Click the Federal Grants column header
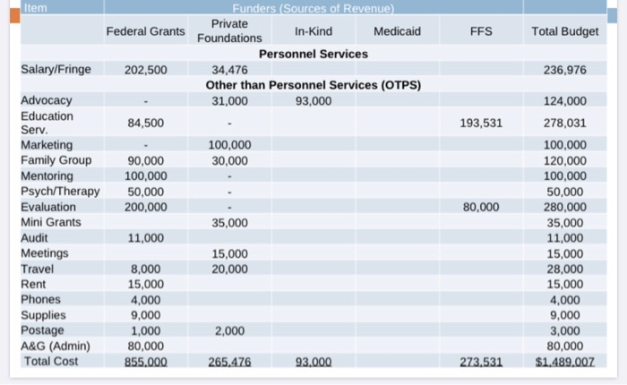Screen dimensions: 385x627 [145, 31]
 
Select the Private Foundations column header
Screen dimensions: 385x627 [229, 30]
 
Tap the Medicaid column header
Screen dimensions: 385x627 [397, 31]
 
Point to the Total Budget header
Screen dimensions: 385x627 [564, 31]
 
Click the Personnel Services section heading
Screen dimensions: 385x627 [313, 55]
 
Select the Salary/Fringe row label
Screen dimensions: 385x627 [56, 70]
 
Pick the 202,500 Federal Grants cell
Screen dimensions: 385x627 [145, 70]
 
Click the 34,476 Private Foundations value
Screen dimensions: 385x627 [229, 70]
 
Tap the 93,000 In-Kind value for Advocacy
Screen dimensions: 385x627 [313, 100]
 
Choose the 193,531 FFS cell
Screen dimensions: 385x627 [481, 123]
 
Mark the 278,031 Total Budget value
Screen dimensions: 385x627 [564, 123]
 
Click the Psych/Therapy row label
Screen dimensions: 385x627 [60, 192]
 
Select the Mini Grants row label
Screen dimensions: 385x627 [51, 222]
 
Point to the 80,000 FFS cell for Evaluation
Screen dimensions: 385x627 [481, 207]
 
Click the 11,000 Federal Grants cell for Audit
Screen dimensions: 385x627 [145, 238]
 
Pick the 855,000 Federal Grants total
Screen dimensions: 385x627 [145, 362]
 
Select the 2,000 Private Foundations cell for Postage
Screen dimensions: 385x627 [229, 330]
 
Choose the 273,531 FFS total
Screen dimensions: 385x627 [481, 362]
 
